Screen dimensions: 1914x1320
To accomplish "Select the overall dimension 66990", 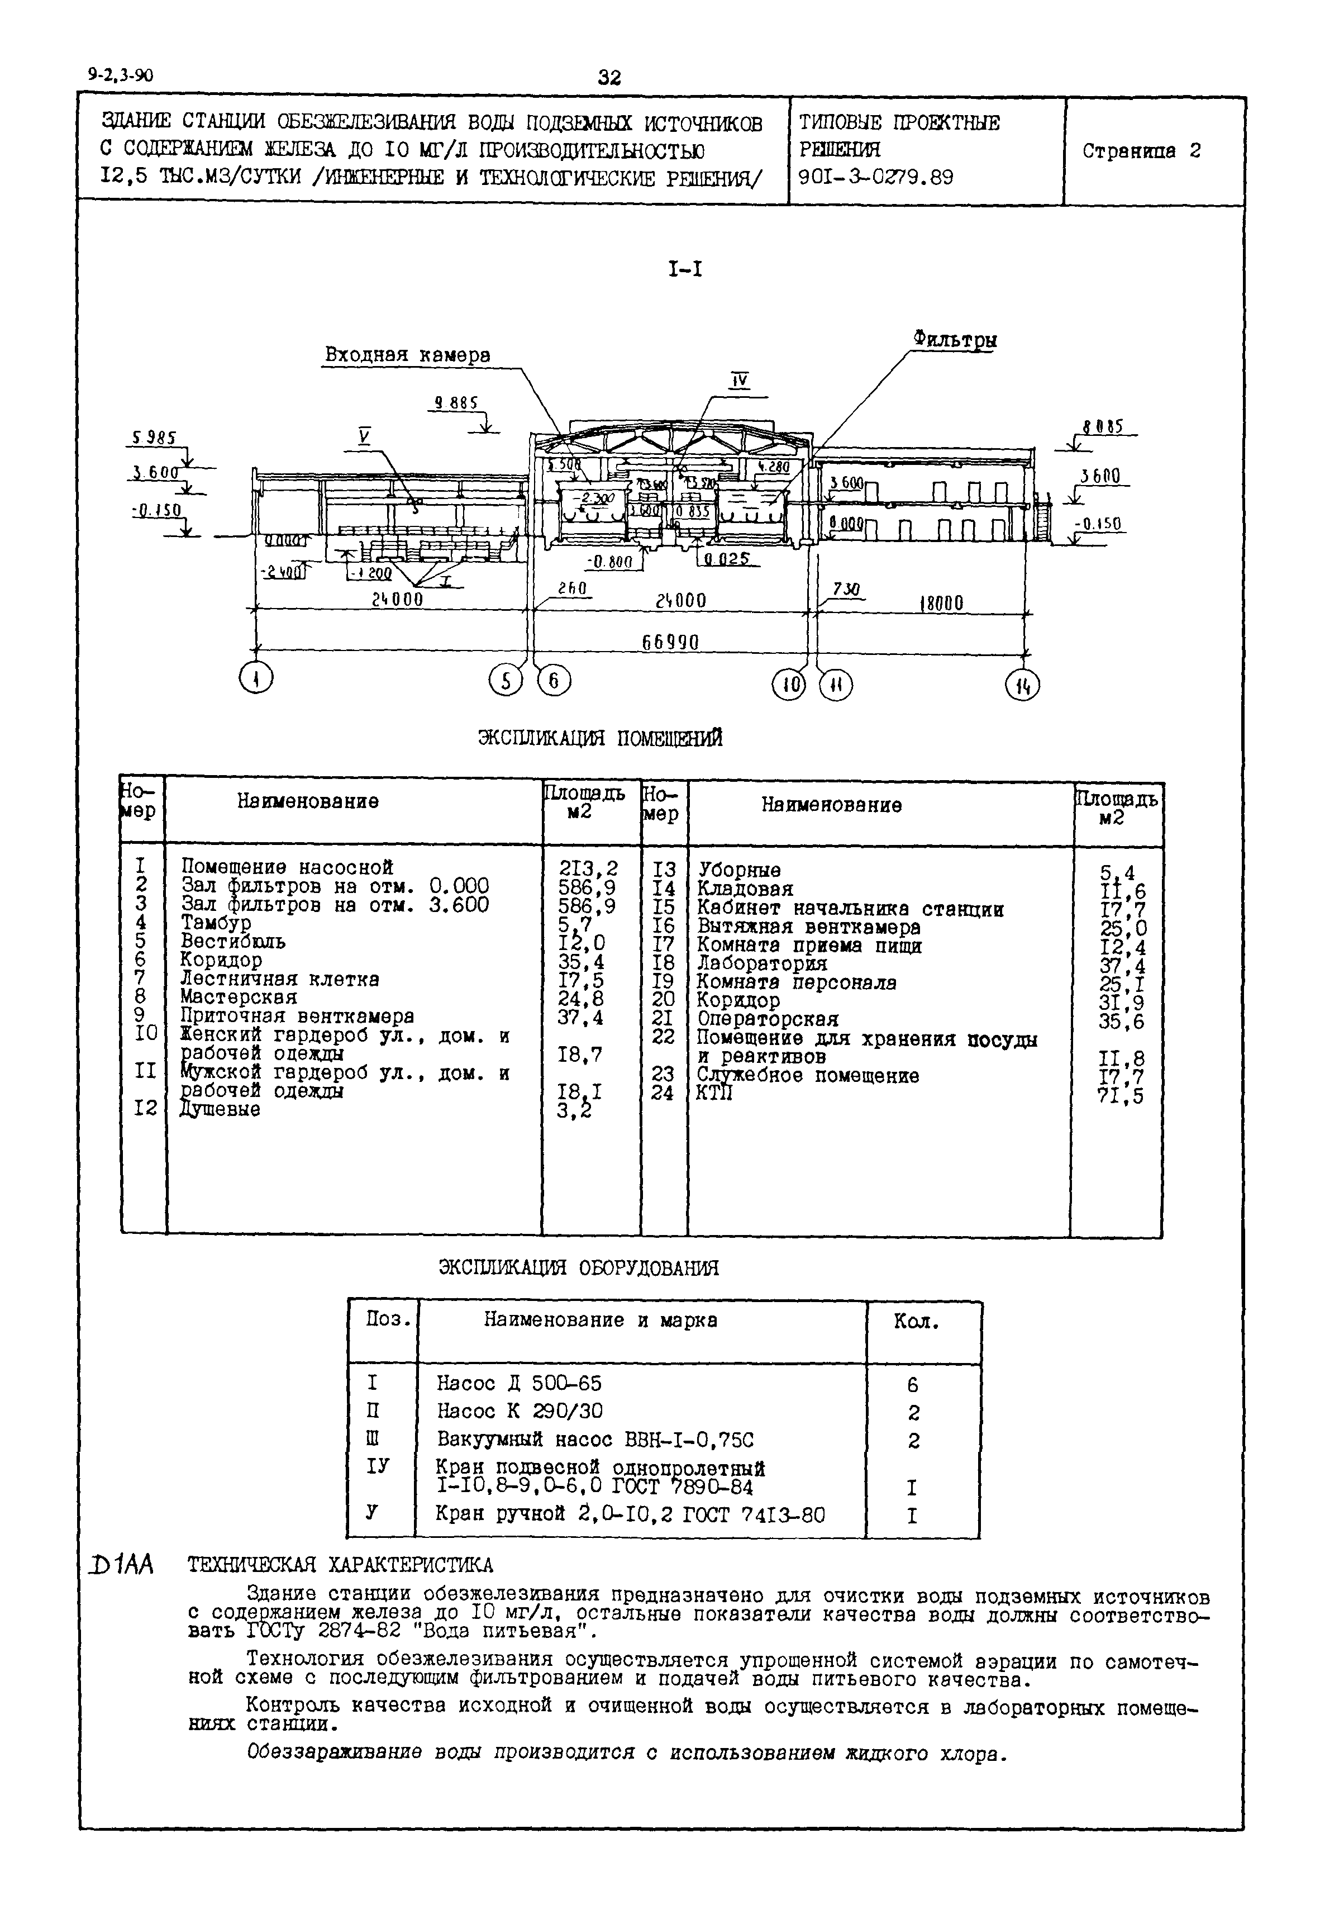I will (x=670, y=642).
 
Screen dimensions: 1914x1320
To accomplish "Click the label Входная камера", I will (x=407, y=355).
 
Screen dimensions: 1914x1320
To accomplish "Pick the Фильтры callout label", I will (x=955, y=339).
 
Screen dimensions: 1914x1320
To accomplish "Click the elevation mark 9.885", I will (x=456, y=403).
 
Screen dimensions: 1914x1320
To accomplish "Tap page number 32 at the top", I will (x=609, y=78).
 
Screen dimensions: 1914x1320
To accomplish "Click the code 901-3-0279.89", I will (x=876, y=177).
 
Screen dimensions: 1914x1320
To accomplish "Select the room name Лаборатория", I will (x=762, y=963).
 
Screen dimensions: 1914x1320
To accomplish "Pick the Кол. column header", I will (x=916, y=1322).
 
